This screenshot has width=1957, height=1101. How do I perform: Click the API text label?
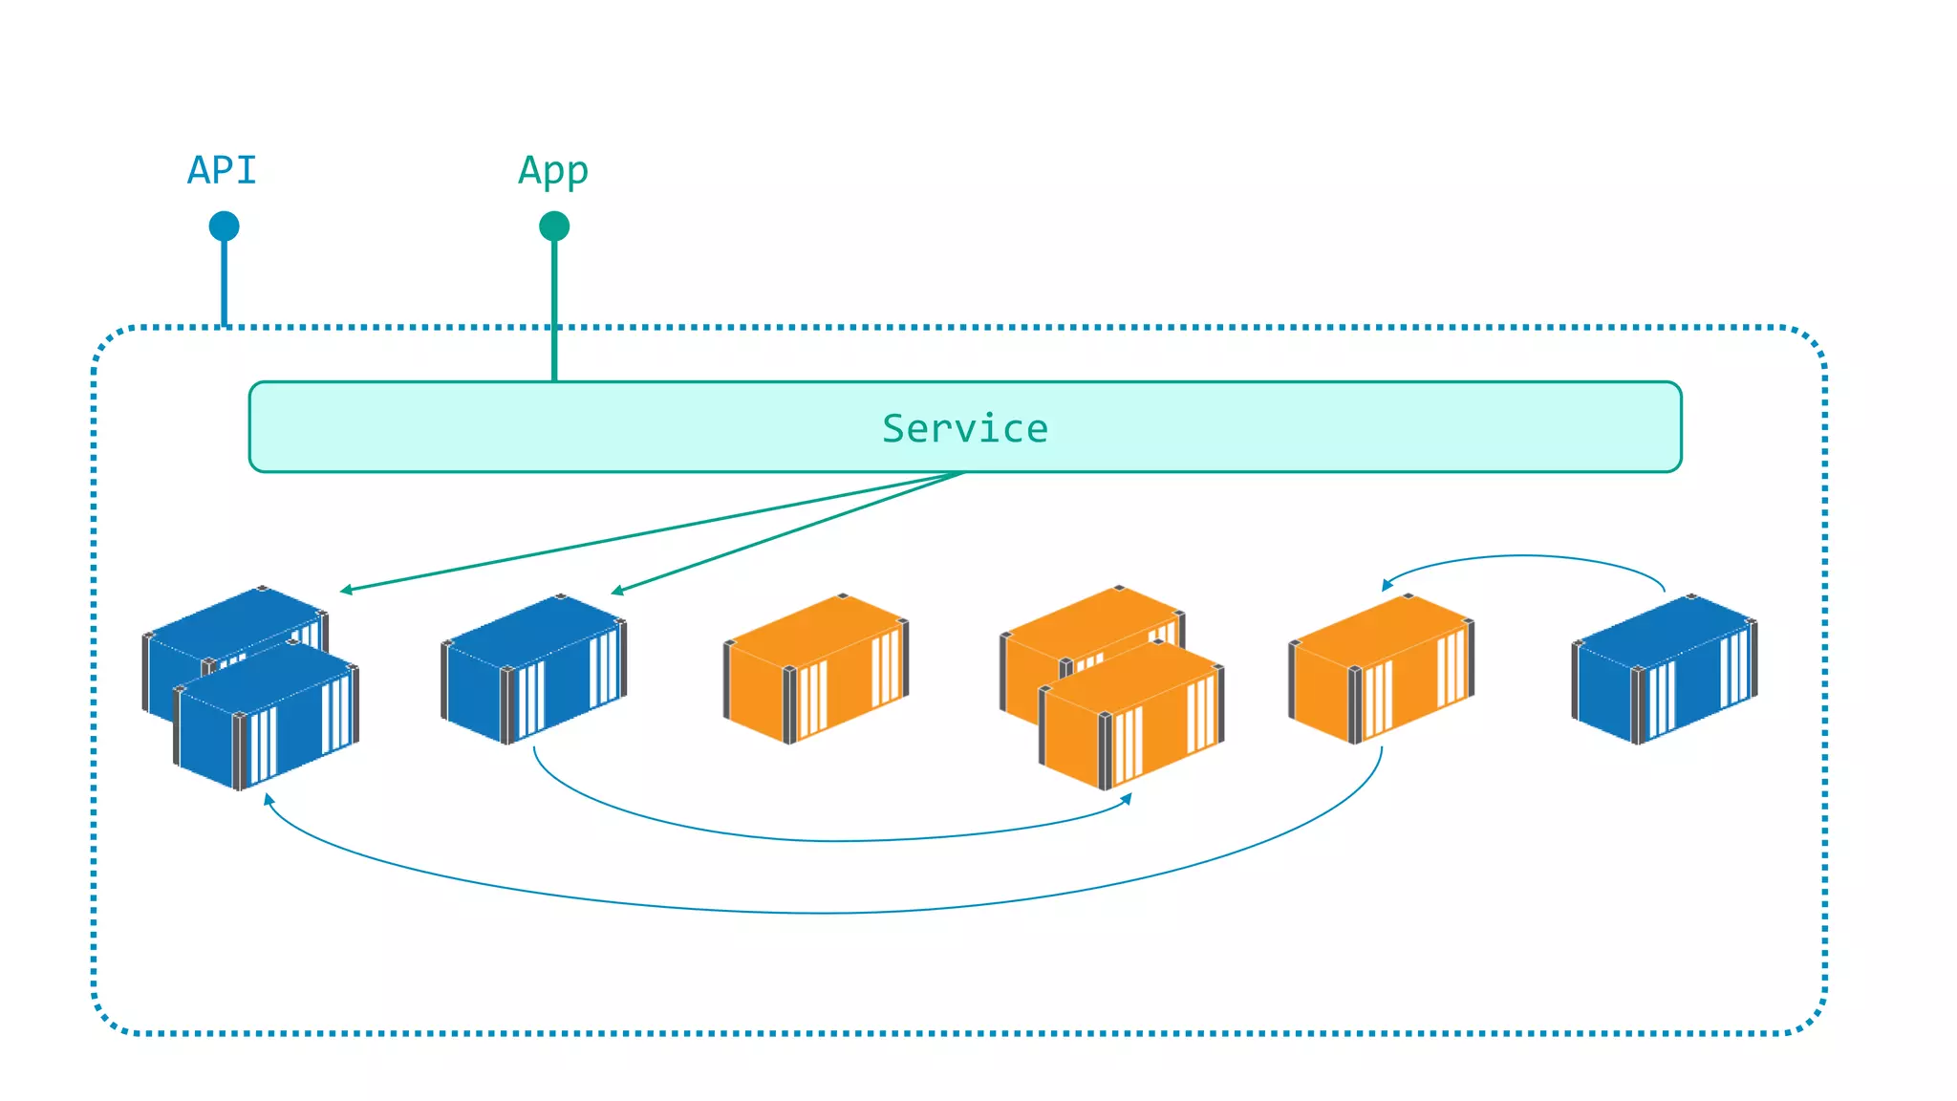pos(222,171)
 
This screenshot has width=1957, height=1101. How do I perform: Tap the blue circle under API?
pos(225,227)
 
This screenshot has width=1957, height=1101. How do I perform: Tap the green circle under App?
pos(554,227)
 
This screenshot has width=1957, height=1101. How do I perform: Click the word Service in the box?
pos(964,428)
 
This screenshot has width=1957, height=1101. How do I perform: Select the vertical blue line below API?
pos(225,282)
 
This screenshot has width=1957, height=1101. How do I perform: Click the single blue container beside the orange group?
pos(533,669)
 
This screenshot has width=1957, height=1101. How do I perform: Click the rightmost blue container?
pos(1665,669)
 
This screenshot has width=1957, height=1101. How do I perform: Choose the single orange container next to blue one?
pos(815,669)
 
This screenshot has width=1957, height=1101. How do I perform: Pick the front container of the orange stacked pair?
pos(1131,717)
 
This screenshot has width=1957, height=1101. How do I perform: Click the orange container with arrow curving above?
pos(1381,669)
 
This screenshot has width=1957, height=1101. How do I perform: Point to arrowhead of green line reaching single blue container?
pos(617,592)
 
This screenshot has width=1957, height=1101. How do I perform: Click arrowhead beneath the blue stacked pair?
pos(269,799)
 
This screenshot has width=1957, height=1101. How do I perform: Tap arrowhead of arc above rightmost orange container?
pos(1387,584)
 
